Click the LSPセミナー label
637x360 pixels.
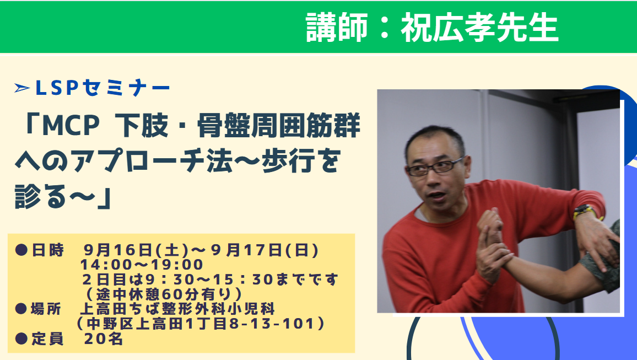102,88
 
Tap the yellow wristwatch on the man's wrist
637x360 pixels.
584,211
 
